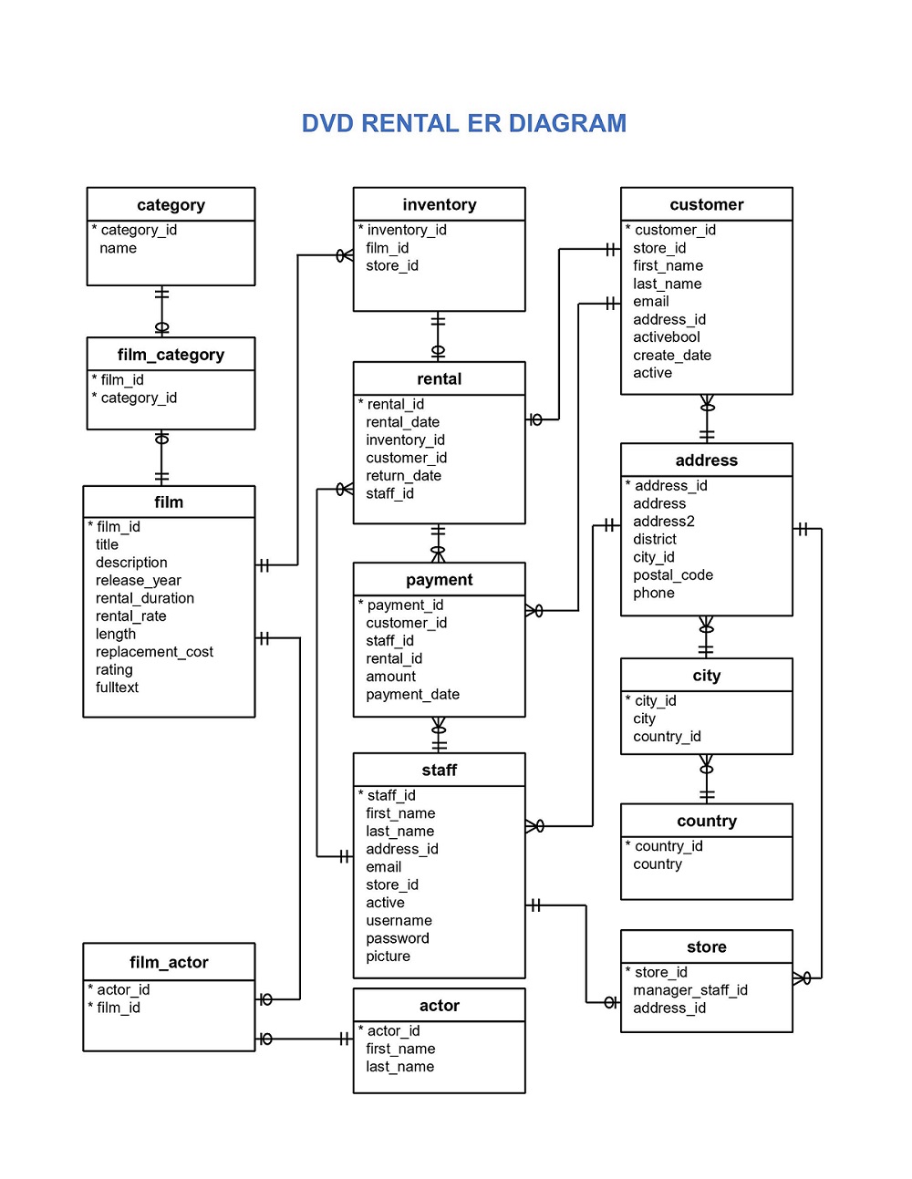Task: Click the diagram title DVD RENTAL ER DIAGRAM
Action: [463, 123]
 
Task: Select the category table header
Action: [171, 205]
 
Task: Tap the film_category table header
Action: [171, 355]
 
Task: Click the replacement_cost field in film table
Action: [154, 652]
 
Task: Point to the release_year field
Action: [138, 581]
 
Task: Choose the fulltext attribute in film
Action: [117, 688]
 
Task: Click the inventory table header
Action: [439, 204]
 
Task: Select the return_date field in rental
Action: [403, 476]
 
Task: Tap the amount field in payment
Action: [390, 677]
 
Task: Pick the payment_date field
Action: [412, 695]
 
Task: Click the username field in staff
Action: [399, 921]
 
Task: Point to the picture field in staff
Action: [388, 957]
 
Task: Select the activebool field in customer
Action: [666, 337]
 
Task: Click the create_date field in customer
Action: [671, 356]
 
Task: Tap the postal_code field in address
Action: [672, 575]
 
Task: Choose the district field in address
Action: [654, 540]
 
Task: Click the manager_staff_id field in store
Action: [689, 990]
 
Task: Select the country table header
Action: [706, 821]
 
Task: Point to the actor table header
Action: [439, 1006]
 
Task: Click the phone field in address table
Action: [653, 594]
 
